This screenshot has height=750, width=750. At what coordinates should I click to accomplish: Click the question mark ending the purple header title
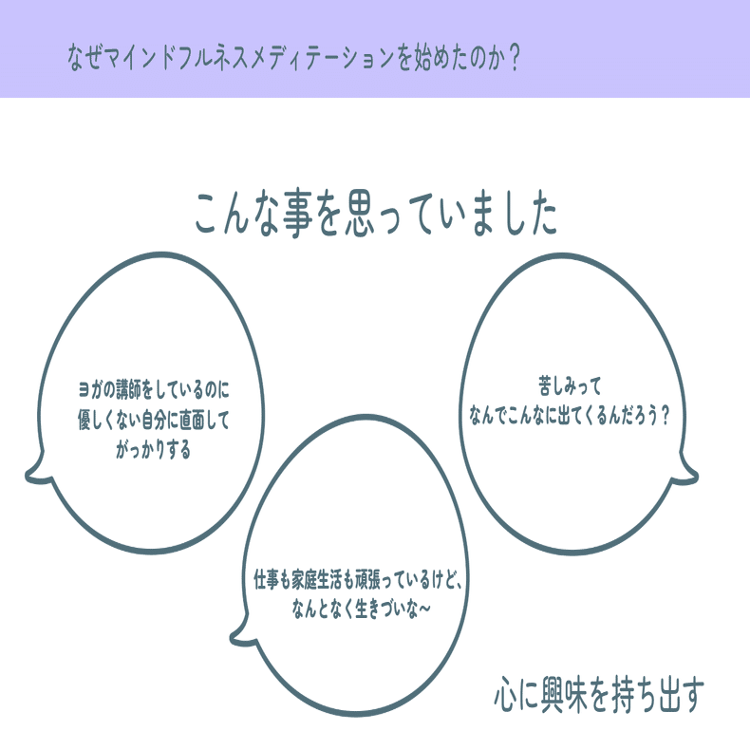coord(515,57)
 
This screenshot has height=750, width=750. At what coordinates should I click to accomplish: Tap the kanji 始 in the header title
coord(422,58)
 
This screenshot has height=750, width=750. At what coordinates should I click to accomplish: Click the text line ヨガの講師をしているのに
coord(154,390)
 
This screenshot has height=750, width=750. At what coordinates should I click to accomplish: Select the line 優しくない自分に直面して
coord(154,420)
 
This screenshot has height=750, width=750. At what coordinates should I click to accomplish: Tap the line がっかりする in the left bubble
coord(153,450)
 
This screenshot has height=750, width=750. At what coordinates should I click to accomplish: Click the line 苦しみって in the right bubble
coord(570,385)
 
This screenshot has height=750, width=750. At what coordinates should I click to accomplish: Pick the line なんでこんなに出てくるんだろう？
coord(569,415)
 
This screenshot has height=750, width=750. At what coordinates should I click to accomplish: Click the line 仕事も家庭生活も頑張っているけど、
coord(357,580)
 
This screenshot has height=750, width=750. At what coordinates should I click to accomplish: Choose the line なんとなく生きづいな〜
coord(361,609)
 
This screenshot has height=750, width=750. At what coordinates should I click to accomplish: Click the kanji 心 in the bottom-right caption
coord(506,695)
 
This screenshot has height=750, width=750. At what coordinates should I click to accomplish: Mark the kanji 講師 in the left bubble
coord(129,390)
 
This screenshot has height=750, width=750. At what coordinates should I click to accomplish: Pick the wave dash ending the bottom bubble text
coord(424,609)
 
